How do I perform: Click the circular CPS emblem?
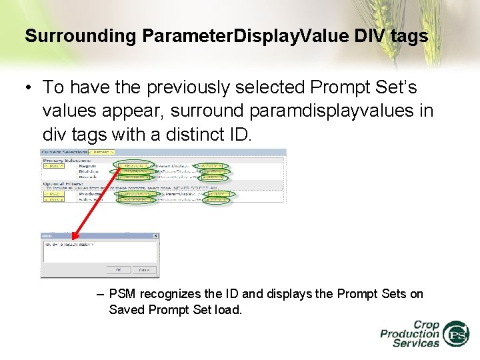tap(456, 334)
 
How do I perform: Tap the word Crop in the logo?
tap(426, 325)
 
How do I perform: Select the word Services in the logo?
tap(415, 343)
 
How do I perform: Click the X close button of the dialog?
tap(156, 236)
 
